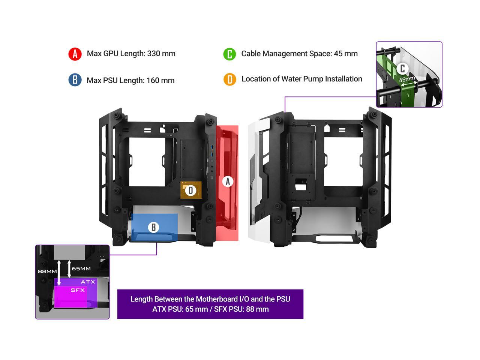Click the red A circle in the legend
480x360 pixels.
coord(75,54)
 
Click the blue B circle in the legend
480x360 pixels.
coord(75,80)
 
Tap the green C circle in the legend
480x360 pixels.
coord(229,54)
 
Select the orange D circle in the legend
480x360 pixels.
coord(229,79)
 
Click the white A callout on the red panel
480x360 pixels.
coord(228,181)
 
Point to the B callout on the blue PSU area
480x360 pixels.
coord(153,227)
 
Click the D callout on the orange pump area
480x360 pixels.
coord(191,190)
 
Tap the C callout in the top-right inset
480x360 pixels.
coord(402,68)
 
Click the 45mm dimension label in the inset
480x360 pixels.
coord(407,79)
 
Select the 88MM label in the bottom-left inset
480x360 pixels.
coord(47,271)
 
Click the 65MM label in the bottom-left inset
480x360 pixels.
coord(81,268)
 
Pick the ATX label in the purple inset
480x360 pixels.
coord(88,282)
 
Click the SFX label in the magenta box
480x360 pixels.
coord(78,290)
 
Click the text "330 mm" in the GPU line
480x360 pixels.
coord(161,54)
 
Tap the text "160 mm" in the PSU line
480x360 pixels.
coord(160,80)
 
